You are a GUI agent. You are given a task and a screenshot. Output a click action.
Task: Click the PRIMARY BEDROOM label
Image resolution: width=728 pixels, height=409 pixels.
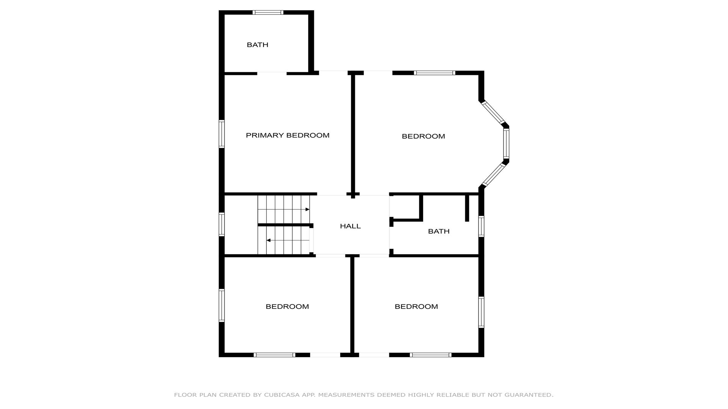coord(287,135)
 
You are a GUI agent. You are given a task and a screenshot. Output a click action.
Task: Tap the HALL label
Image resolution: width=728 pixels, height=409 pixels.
coord(350,226)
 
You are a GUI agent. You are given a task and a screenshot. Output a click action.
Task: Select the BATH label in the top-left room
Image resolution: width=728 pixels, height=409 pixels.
coord(257,45)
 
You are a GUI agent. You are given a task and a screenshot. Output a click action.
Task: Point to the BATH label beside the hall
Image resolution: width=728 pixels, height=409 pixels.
coord(439,231)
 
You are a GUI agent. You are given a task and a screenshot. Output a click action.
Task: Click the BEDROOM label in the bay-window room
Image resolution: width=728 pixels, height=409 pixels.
coord(423,136)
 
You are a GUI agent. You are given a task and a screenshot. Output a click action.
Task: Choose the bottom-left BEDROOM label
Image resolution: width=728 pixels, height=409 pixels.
coord(287,306)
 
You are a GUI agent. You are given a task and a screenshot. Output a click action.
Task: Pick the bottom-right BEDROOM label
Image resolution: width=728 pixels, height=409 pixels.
coord(416,306)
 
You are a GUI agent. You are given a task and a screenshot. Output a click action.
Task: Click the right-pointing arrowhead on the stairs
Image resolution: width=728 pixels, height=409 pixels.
coord(308,209)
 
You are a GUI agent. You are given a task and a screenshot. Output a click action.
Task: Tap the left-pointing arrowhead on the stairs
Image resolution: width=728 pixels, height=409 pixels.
coord(268,240)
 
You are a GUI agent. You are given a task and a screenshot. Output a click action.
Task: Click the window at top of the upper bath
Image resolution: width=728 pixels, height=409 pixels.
coord(268,12)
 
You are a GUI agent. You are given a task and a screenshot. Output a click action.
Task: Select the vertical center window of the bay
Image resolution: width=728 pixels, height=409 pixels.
coord(506,143)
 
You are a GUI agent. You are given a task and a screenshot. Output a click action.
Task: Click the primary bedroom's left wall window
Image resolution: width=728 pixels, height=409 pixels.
coord(221,134)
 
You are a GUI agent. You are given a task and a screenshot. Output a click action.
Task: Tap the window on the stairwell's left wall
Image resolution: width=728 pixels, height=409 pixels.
coord(221,224)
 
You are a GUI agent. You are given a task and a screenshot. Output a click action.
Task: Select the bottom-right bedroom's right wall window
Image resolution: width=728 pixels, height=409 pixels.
coord(481,312)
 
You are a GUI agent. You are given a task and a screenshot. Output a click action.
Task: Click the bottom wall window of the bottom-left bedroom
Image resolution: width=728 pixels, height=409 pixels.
coord(274,355)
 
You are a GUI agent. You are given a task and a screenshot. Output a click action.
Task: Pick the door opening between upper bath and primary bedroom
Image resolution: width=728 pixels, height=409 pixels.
coord(272,73)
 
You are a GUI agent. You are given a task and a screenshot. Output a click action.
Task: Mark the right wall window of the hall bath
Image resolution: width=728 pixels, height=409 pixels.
coord(481,226)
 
